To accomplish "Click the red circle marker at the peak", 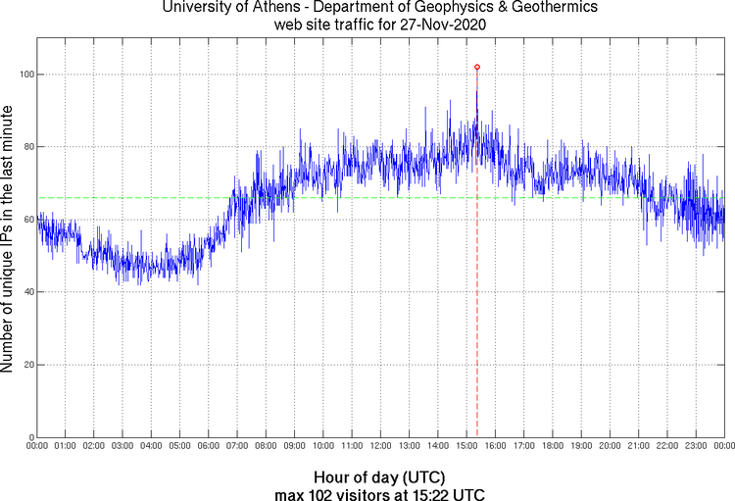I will (476, 67).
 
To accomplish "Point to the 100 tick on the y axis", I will (26, 75).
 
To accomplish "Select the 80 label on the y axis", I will (27, 147).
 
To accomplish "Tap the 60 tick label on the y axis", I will (27, 220).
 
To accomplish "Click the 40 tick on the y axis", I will (27, 292).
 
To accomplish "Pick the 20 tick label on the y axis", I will (27, 365).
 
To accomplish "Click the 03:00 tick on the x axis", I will (122, 446).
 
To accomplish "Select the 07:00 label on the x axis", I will (237, 446).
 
